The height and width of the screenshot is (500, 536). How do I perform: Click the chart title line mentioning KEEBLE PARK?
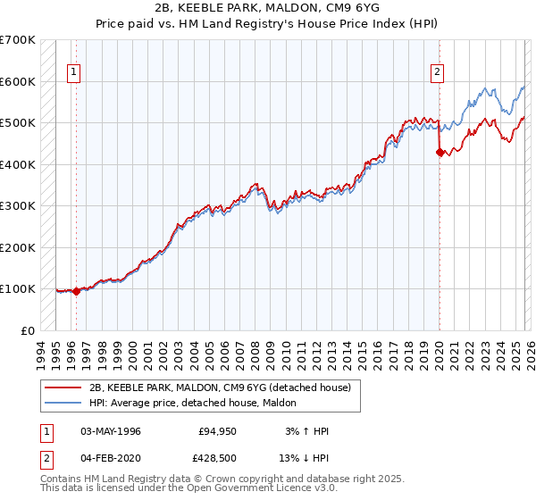click(267, 7)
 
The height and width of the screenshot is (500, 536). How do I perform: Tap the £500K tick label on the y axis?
click(18, 122)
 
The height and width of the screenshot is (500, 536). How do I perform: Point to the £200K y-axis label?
click(18, 247)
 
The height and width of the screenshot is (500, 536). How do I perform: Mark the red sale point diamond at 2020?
click(440, 153)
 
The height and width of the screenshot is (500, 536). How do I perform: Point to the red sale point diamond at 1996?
click(76, 290)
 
